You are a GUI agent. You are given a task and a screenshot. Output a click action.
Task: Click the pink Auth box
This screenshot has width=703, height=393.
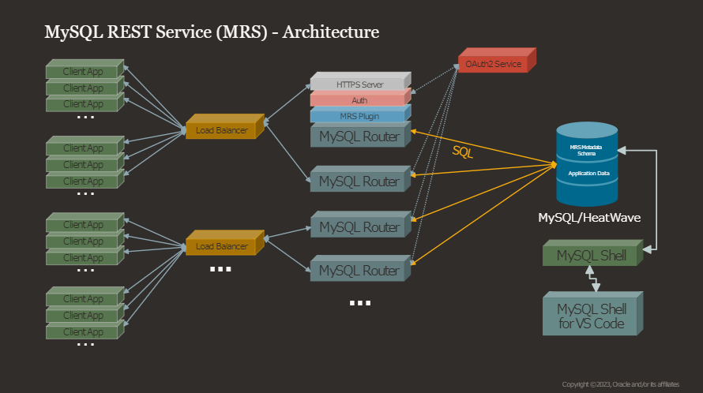[359, 100]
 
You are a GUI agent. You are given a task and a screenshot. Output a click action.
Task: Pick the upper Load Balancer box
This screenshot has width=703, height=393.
[221, 130]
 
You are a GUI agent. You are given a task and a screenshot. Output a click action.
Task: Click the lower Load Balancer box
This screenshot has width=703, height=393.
[221, 246]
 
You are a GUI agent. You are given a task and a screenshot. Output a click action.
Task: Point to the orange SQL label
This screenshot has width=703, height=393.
[463, 152]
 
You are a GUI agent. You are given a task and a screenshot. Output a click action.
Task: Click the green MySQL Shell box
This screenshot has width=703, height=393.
[592, 256]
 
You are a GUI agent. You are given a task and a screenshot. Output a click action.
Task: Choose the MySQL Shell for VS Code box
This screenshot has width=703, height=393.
[592, 316]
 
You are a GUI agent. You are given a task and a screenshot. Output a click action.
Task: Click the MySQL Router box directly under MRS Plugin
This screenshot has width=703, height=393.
[359, 137]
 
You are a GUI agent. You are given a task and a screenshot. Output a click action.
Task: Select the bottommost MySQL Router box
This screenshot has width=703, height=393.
[359, 271]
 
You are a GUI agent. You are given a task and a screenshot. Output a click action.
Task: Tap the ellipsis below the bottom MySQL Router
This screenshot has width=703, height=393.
[359, 302]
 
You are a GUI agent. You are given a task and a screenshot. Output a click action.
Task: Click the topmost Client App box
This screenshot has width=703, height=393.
[83, 71]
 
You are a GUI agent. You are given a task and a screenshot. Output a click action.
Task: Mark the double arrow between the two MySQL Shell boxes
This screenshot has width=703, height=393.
[592, 279]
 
